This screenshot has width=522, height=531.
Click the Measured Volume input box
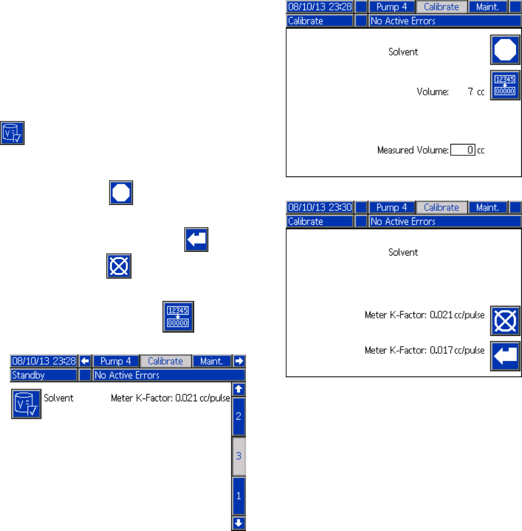(x=463, y=149)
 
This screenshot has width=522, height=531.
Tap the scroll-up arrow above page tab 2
(x=238, y=389)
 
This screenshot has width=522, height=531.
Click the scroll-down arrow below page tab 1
(x=238, y=523)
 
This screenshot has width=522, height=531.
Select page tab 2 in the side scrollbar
(x=238, y=416)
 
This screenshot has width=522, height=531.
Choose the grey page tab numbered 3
(x=238, y=456)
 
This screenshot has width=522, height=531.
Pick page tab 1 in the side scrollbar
(x=238, y=496)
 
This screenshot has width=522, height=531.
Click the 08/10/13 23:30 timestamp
(x=320, y=208)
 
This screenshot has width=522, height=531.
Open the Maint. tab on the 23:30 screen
(x=488, y=208)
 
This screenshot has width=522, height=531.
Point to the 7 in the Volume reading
(x=470, y=92)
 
